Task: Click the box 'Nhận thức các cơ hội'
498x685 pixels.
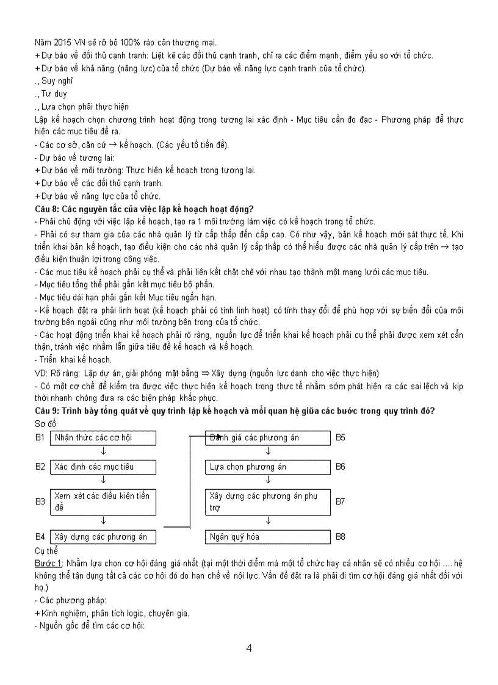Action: point(103,438)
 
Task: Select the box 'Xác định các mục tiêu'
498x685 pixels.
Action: point(103,467)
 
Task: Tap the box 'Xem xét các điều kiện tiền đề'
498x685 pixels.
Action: point(103,501)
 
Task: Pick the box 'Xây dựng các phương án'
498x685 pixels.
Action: point(103,537)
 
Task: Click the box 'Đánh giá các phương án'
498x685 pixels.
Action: point(268,438)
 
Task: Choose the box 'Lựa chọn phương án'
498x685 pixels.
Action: point(268,467)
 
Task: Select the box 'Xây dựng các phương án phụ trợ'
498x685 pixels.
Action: point(268,501)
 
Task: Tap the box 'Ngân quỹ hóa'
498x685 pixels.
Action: point(268,537)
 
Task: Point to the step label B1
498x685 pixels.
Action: point(40,438)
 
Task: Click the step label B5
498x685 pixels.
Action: point(341,438)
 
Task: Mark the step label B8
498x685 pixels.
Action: point(341,537)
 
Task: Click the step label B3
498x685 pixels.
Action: point(40,501)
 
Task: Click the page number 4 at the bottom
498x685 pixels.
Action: point(249,648)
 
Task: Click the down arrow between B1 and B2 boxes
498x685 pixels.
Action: point(103,452)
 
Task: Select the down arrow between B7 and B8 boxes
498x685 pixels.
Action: point(268,522)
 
